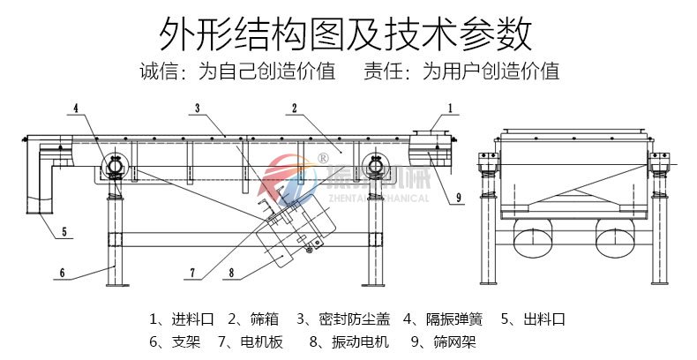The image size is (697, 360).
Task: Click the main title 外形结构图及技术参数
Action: coord(348,34)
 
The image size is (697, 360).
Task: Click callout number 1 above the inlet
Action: coord(450,108)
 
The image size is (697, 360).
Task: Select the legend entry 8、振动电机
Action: coord(348,341)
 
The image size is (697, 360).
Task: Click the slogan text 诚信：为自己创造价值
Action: coord(237,71)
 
